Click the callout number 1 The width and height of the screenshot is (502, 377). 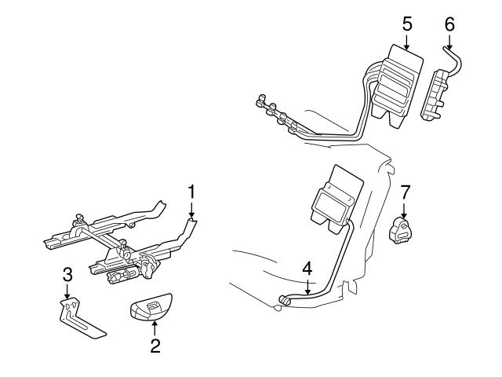tap(191, 191)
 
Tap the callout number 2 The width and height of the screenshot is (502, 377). tap(155, 345)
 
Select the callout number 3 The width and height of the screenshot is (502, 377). tap(67, 275)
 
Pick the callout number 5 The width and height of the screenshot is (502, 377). tap(407, 23)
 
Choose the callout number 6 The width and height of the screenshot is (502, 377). tap(449, 24)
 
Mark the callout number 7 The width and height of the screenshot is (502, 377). tap(405, 192)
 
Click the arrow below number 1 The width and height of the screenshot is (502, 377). tap(191, 208)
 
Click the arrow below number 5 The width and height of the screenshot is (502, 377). tap(407, 41)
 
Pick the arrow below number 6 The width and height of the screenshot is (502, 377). tap(449, 41)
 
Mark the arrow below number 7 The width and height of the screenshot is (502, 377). tap(405, 210)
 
